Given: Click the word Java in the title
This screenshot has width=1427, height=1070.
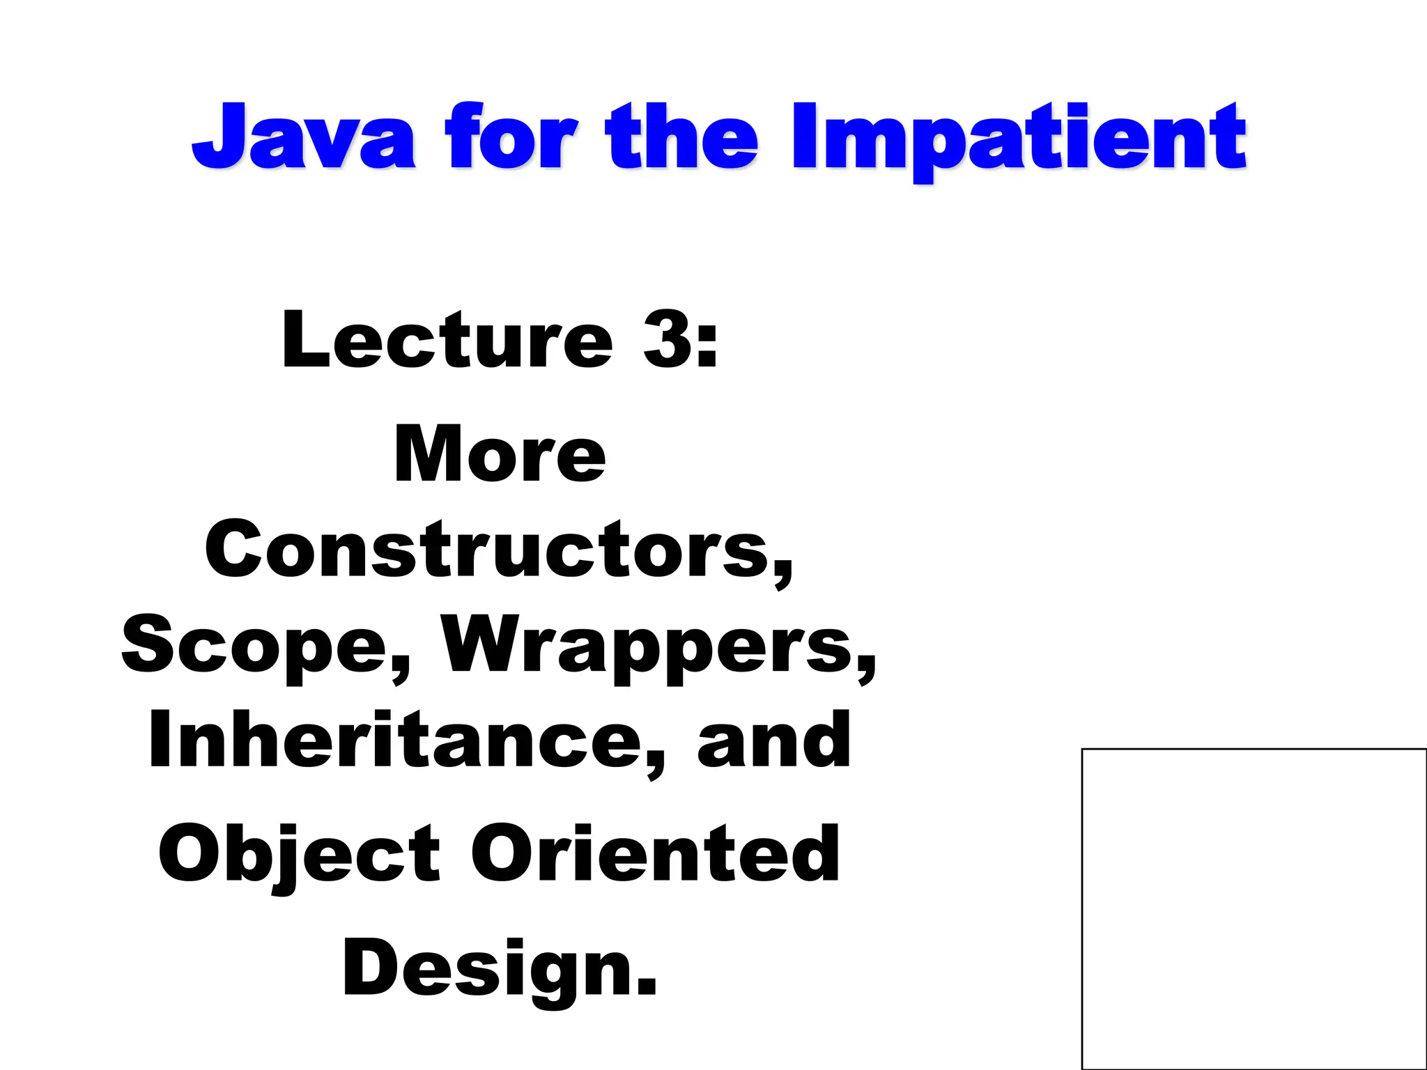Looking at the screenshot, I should pos(304,137).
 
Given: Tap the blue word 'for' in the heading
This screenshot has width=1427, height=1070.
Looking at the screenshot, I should pos(512,137).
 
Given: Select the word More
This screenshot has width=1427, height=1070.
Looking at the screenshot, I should pos(499,454).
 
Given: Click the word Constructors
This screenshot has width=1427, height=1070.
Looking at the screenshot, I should pos(488,550).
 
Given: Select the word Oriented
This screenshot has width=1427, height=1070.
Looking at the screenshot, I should pos(655,853).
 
